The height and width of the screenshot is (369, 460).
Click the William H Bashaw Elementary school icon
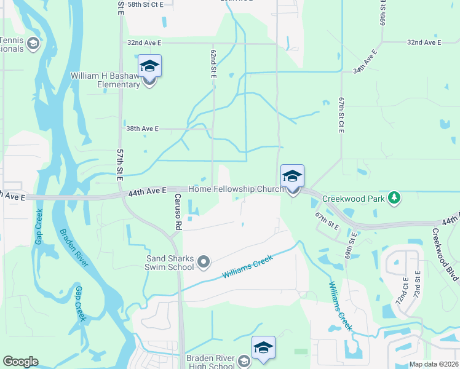pyautogui.click(x=150, y=66)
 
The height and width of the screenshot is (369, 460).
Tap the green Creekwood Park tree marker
pyautogui.click(x=394, y=198)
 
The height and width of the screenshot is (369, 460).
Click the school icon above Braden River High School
pyautogui.click(x=263, y=347)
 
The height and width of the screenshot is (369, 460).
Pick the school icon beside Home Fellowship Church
pyautogui.click(x=293, y=177)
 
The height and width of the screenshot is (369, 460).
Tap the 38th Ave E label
pyautogui.click(x=141, y=129)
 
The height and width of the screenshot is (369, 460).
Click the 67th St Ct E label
pyautogui.click(x=340, y=114)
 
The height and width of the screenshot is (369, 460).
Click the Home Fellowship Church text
pyautogui.click(x=236, y=189)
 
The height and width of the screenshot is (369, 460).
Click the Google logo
pyautogui.click(x=20, y=362)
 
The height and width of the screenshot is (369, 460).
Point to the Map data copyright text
pyautogui.click(x=433, y=364)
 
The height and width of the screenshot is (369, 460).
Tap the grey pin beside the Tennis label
pyautogui.click(x=33, y=43)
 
